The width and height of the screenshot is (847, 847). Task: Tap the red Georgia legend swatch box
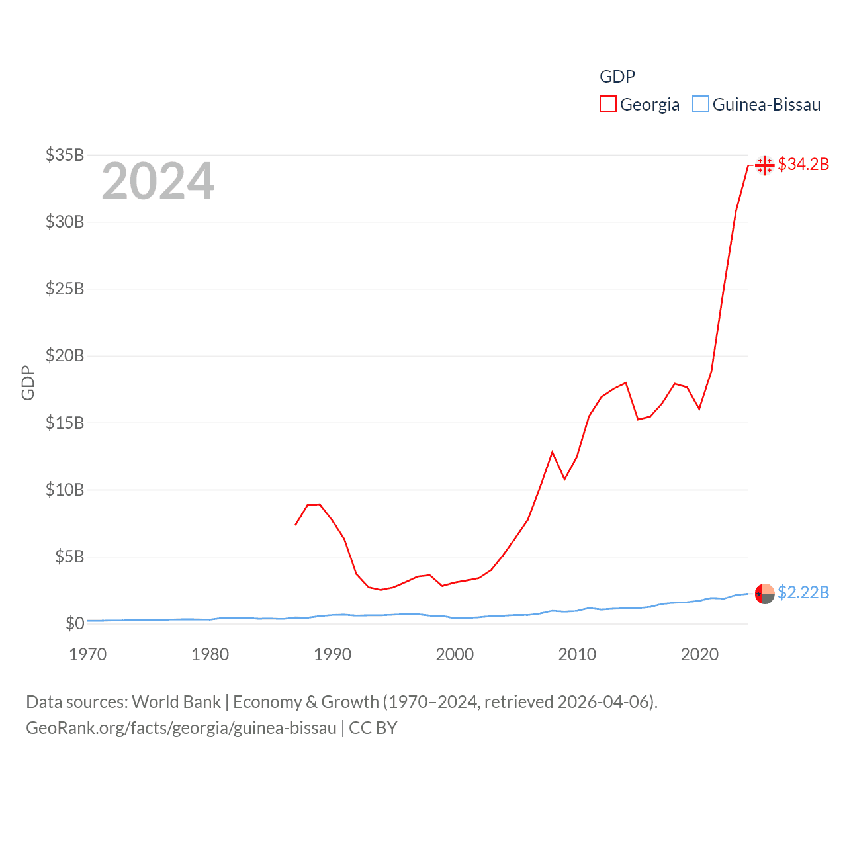pos(607,105)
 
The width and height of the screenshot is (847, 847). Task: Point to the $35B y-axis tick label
pos(65,155)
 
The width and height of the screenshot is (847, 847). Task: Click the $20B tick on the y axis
pos(65,356)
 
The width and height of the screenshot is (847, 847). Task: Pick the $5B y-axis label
pos(69,557)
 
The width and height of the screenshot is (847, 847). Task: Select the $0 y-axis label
pos(75,623)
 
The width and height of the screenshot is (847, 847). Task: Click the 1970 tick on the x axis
pos(88,654)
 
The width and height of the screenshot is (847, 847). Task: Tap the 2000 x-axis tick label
pos(455,654)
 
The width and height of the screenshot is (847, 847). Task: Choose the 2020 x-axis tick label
pos(699,654)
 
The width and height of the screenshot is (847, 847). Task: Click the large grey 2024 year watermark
pos(158,181)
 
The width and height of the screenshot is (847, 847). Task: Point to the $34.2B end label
pos(803,164)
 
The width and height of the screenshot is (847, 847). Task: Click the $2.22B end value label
pos(803,592)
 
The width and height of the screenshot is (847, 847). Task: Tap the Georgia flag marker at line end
pos(764,165)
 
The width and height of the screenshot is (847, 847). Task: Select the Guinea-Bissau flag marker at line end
pos(764,594)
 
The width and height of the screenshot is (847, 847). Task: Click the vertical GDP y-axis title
pos(28,382)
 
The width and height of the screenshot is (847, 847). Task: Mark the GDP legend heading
pos(617,77)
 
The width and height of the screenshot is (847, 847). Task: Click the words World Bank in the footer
pos(176,701)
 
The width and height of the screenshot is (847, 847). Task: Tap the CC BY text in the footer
pos(373,728)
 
